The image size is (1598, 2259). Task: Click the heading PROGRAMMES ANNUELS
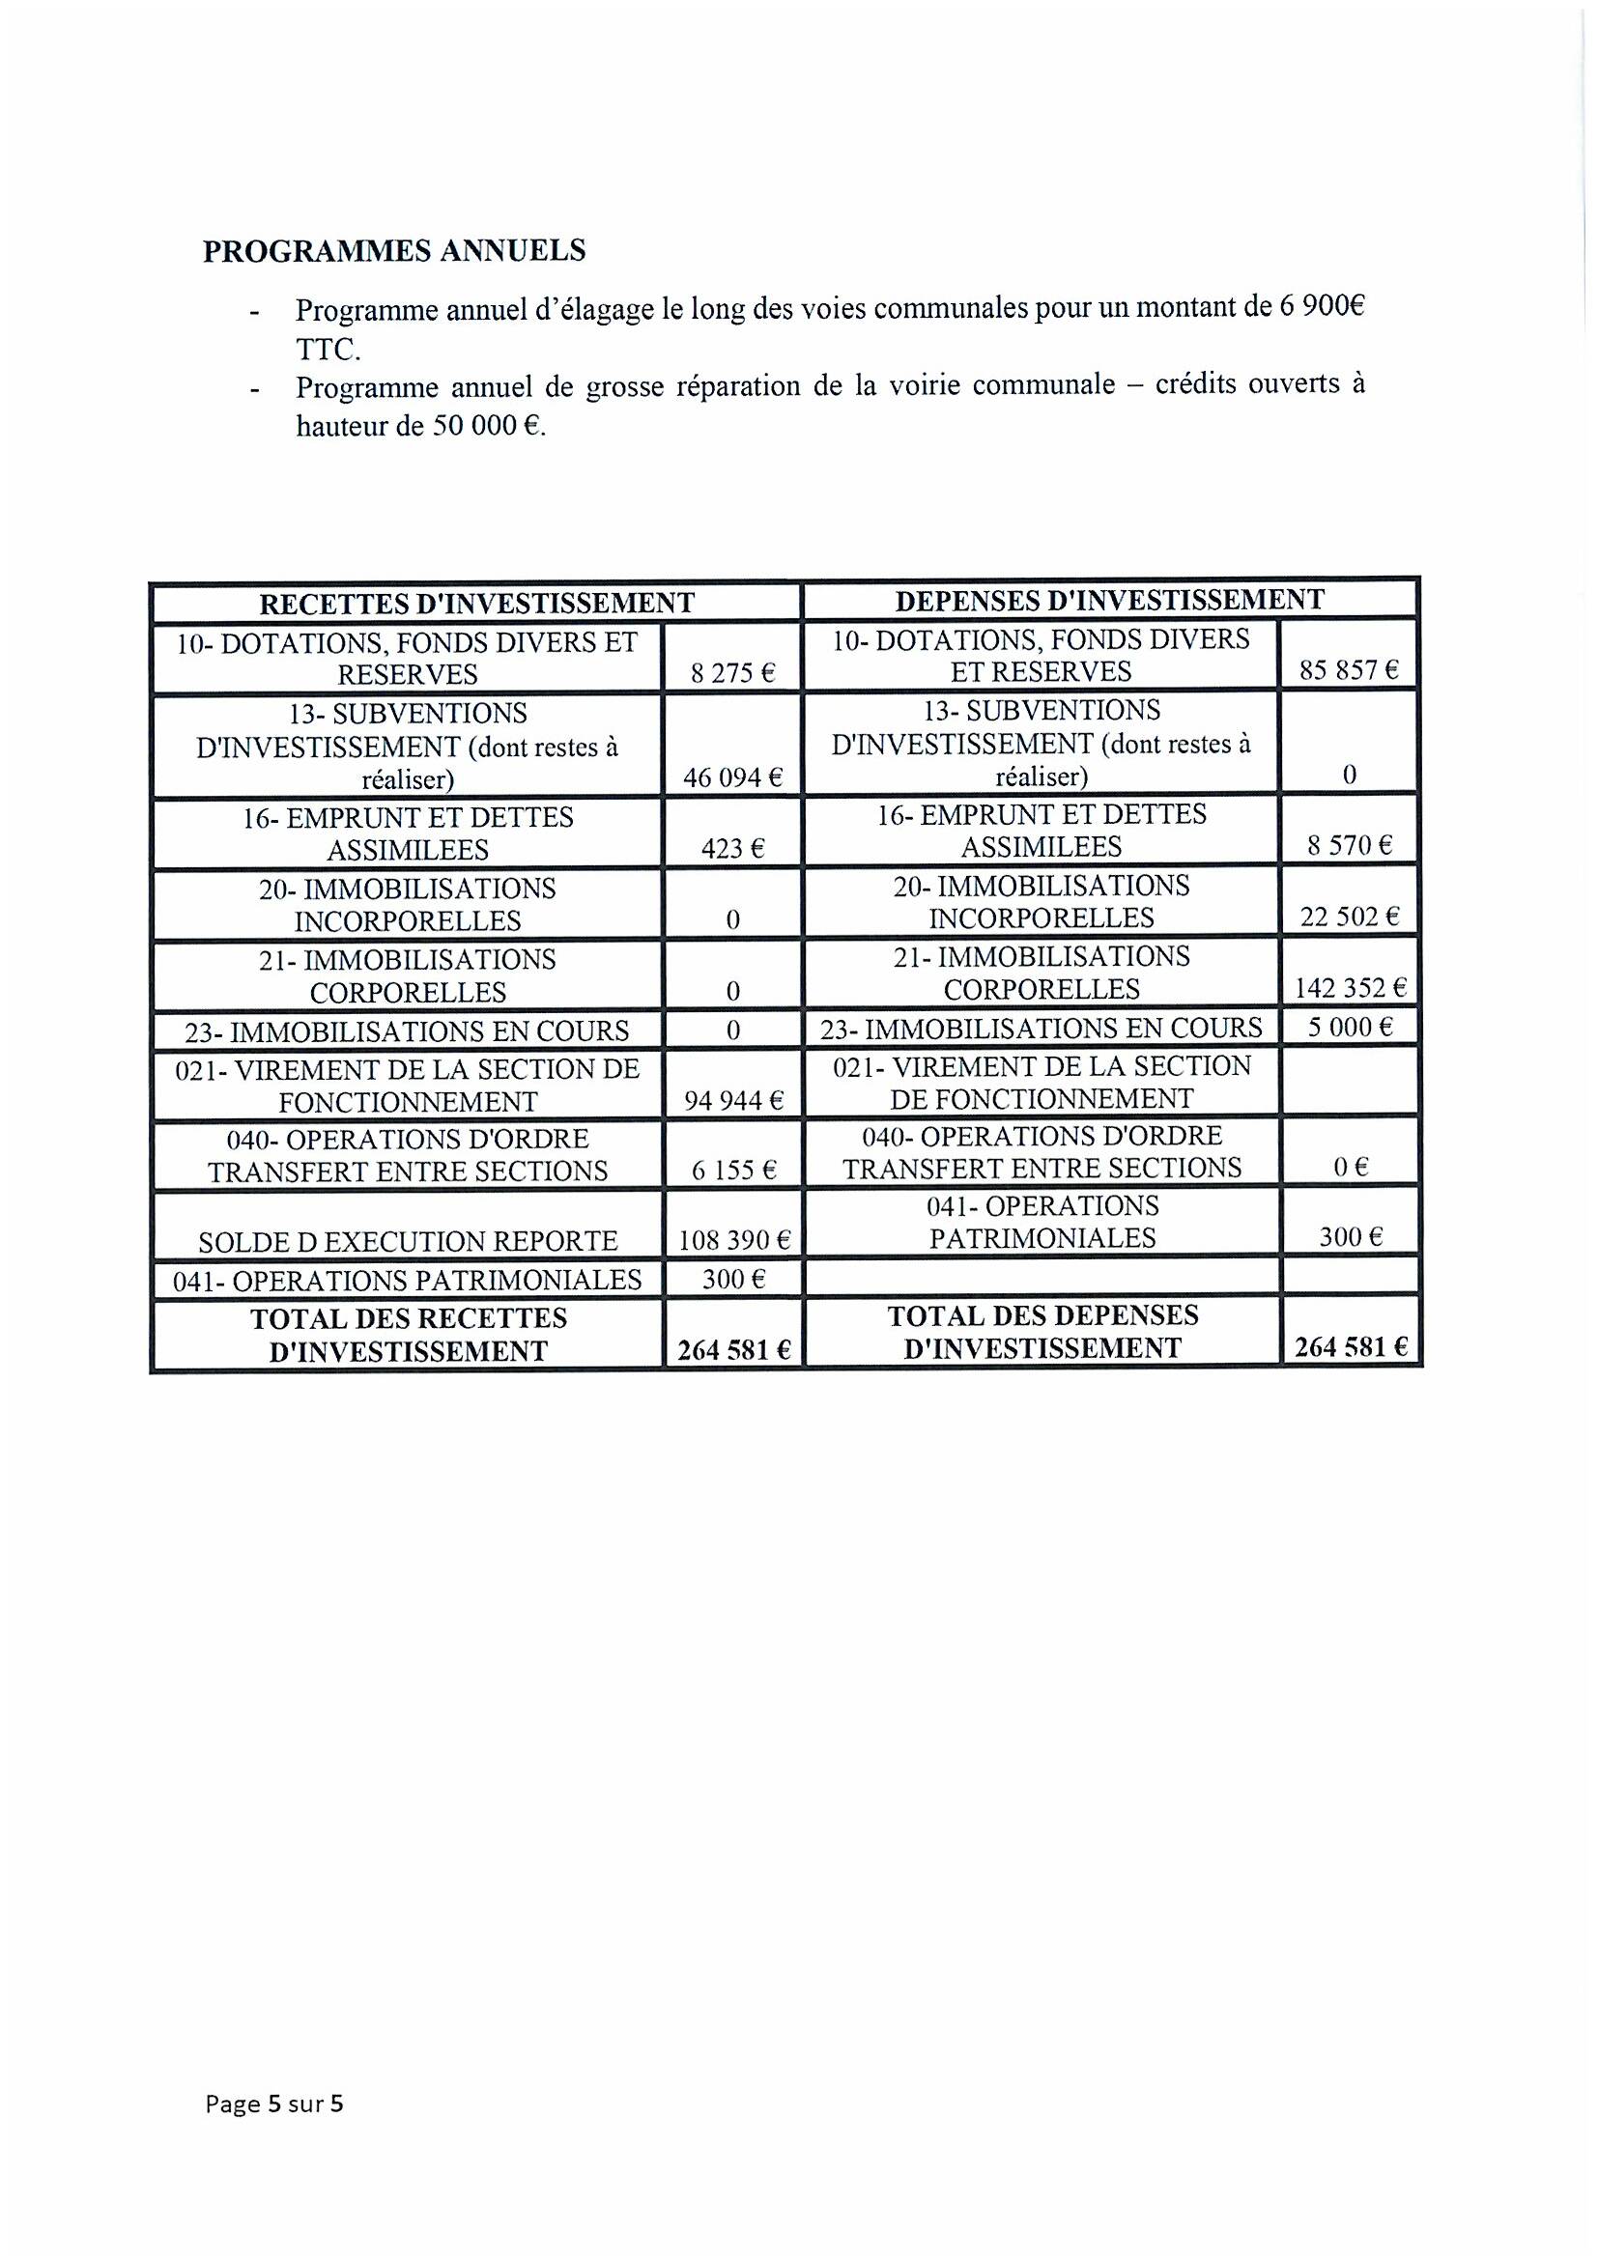(393, 251)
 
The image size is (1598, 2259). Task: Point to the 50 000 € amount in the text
(487, 427)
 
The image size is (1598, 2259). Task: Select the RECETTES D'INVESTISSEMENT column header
(476, 602)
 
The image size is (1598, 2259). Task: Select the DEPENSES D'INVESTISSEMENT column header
(1109, 599)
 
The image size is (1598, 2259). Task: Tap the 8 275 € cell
(733, 674)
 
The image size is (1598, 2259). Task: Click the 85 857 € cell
(1349, 671)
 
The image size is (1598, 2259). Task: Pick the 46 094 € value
(733, 778)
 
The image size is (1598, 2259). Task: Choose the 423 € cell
(733, 848)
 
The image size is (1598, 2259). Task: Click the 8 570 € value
(1349, 845)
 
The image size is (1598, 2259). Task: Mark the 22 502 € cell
(1349, 917)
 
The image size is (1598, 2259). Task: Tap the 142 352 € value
(1349, 988)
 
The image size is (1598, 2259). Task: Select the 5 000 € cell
(1349, 1028)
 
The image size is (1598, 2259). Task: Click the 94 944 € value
(733, 1100)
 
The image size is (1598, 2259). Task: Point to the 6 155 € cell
(733, 1170)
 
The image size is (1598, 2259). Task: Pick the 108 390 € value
(734, 1240)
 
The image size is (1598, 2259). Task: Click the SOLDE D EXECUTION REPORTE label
(408, 1241)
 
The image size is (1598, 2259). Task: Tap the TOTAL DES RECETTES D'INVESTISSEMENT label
(408, 1334)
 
